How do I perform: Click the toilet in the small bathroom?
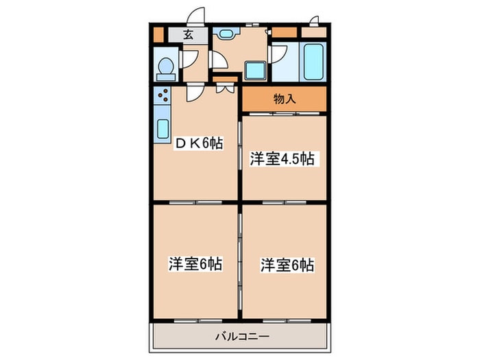coord(165,67)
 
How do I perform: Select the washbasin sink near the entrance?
coord(226,32)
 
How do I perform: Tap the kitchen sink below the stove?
coord(163,128)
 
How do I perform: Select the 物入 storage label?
coord(285,98)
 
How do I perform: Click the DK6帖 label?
coord(199,143)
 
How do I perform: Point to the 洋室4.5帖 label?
coord(282,159)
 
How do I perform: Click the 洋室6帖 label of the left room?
coord(196,263)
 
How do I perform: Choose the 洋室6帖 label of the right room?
coord(287,265)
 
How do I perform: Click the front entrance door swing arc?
coord(197,17)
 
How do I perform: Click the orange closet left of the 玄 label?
coord(158,34)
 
